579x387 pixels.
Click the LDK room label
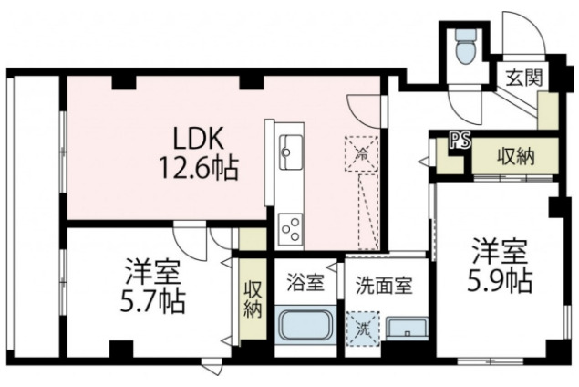[195, 138]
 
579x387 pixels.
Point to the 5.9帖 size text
[501, 279]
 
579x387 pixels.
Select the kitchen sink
[292, 148]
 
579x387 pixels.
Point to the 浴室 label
[305, 282]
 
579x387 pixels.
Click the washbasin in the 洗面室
[407, 328]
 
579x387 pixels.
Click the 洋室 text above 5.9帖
[501, 249]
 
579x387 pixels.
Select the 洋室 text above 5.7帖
[152, 271]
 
